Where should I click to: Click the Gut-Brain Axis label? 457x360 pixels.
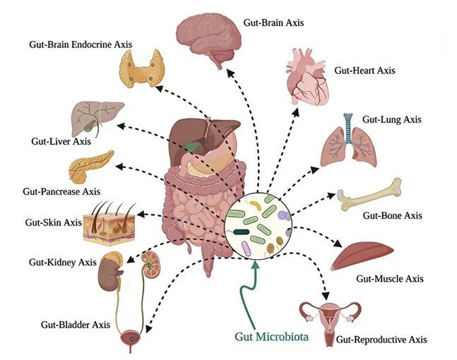[x=273, y=23]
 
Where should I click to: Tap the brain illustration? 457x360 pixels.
[x=209, y=38]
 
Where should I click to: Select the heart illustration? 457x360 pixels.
[x=307, y=77]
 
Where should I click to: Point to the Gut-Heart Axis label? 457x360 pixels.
[x=364, y=71]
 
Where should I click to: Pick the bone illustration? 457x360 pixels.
[x=369, y=195]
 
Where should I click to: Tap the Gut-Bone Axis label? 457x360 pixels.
[x=392, y=215]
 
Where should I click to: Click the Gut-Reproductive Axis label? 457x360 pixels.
[x=381, y=340]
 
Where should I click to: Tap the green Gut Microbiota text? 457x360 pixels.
[x=272, y=337]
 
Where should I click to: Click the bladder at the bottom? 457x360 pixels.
[x=131, y=339]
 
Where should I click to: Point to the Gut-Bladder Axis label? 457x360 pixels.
[x=76, y=325]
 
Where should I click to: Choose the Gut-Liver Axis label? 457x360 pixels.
[x=61, y=142]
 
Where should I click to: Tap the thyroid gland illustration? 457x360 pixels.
[x=142, y=68]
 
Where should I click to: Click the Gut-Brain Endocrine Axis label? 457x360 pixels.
[x=81, y=44]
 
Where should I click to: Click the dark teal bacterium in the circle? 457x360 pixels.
[x=242, y=232]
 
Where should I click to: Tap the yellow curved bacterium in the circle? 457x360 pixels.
[x=256, y=205]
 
